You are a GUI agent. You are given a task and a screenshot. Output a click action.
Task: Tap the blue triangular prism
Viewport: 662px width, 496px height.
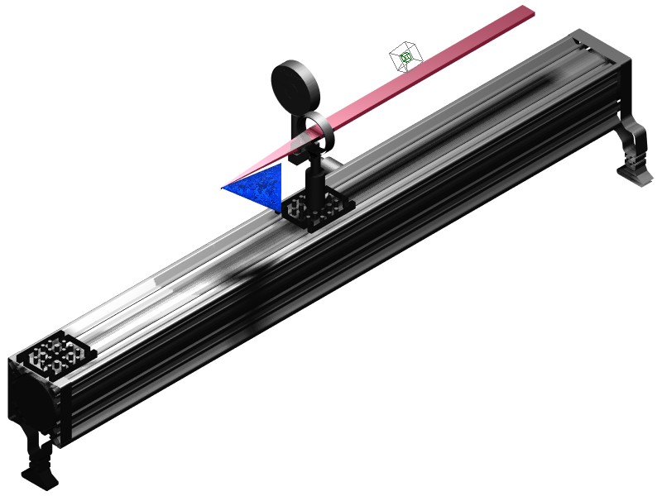pyautogui.click(x=263, y=184)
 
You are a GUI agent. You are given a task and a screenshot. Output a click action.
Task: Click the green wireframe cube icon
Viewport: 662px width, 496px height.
pyautogui.click(x=406, y=57)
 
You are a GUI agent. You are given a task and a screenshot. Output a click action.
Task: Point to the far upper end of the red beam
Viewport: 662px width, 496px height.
pyautogui.click(x=526, y=11)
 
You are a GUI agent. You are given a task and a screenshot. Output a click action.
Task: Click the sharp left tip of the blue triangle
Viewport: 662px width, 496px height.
pyautogui.click(x=223, y=188)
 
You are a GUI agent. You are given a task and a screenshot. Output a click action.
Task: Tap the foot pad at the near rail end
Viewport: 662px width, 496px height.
pyautogui.click(x=37, y=478)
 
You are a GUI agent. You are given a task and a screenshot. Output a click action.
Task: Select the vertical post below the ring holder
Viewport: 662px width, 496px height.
pyautogui.click(x=315, y=178)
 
